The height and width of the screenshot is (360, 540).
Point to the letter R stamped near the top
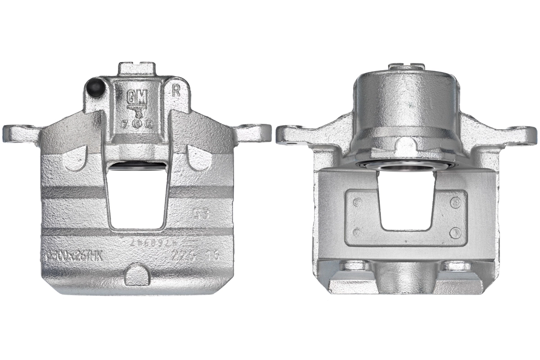coord(176,91)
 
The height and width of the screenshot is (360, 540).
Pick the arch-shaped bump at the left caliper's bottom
coord(137,275)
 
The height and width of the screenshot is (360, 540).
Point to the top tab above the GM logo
coord(137,69)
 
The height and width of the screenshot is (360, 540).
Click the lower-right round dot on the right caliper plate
coord(455,233)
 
